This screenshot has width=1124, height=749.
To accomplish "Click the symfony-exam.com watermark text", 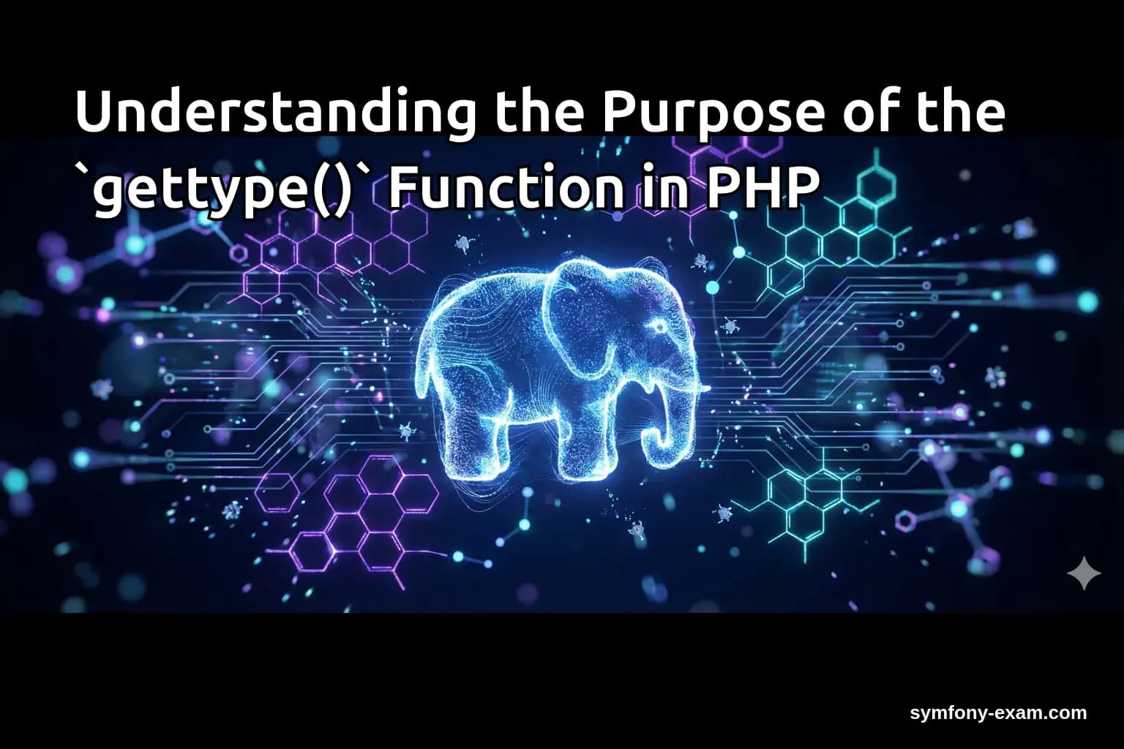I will point(998,713).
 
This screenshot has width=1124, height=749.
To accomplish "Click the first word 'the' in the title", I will point(539,112).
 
